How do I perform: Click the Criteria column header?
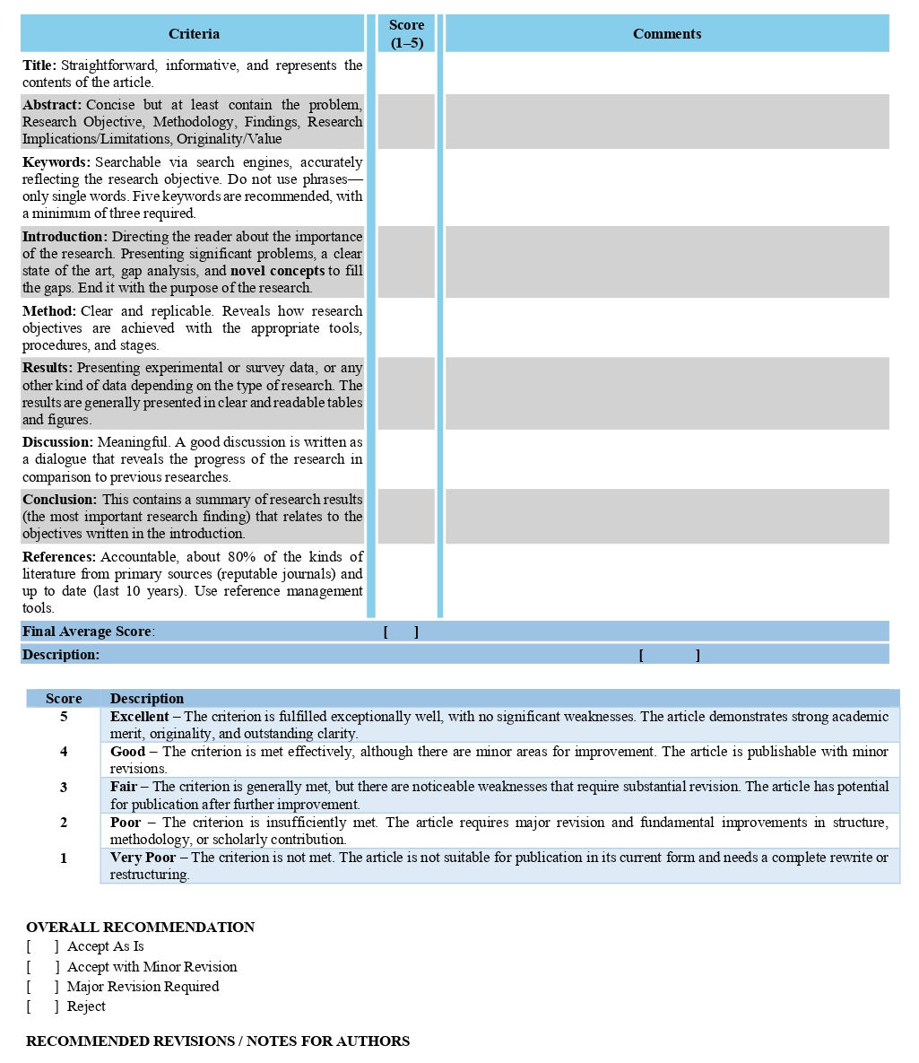[194, 34]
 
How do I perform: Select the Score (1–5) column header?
[406, 34]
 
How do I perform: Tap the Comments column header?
[666, 34]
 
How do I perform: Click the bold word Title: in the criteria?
[39, 65]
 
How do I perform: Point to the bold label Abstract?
[52, 105]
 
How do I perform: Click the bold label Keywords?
[56, 162]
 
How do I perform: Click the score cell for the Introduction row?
[406, 262]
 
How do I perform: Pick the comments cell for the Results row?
[666, 393]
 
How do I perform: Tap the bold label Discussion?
[57, 442]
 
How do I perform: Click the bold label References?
[59, 557]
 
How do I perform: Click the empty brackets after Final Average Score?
[401, 632]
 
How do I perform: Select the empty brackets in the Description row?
[669, 655]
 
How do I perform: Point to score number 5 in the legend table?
[64, 717]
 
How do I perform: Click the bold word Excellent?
[139, 717]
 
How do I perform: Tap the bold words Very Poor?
[143, 858]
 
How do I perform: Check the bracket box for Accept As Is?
[43, 946]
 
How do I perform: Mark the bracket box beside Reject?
[43, 1006]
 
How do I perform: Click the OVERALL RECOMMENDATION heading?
[140, 927]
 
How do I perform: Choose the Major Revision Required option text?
[143, 987]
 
